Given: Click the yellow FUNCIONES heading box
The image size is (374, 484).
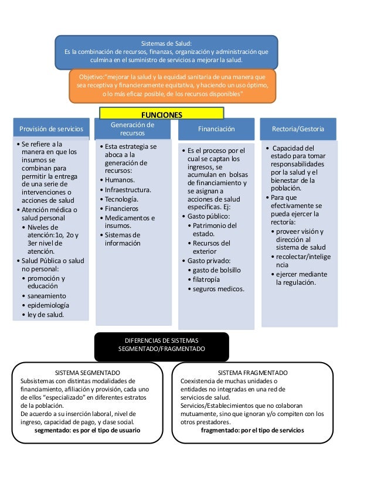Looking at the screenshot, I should [x=161, y=114].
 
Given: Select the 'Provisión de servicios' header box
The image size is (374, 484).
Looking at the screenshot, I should [x=51, y=129].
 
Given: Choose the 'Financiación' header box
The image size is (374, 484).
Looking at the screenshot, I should [x=216, y=129].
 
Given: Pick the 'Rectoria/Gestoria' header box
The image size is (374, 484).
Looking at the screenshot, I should [x=298, y=129].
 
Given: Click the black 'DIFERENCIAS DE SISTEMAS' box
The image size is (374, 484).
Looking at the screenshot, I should [x=161, y=345].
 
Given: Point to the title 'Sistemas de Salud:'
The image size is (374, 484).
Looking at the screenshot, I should [x=166, y=43].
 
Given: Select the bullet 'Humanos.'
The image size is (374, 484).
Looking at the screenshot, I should [x=120, y=180].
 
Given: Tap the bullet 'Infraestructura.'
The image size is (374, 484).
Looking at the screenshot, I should [x=128, y=190].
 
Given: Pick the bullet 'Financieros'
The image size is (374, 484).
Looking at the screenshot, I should [x=121, y=209].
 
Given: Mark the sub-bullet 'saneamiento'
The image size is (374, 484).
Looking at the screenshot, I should [x=47, y=296].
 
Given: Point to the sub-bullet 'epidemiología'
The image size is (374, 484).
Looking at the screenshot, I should [x=49, y=305].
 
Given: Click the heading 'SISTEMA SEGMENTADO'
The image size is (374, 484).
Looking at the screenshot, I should [x=87, y=373].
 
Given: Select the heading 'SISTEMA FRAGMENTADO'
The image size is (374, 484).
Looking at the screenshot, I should [x=252, y=373].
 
